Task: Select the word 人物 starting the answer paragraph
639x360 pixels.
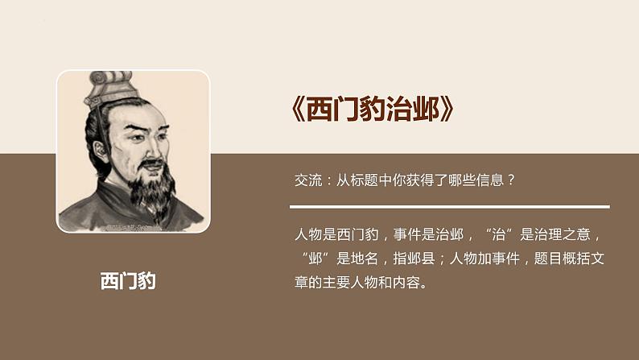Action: point(307,236)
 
